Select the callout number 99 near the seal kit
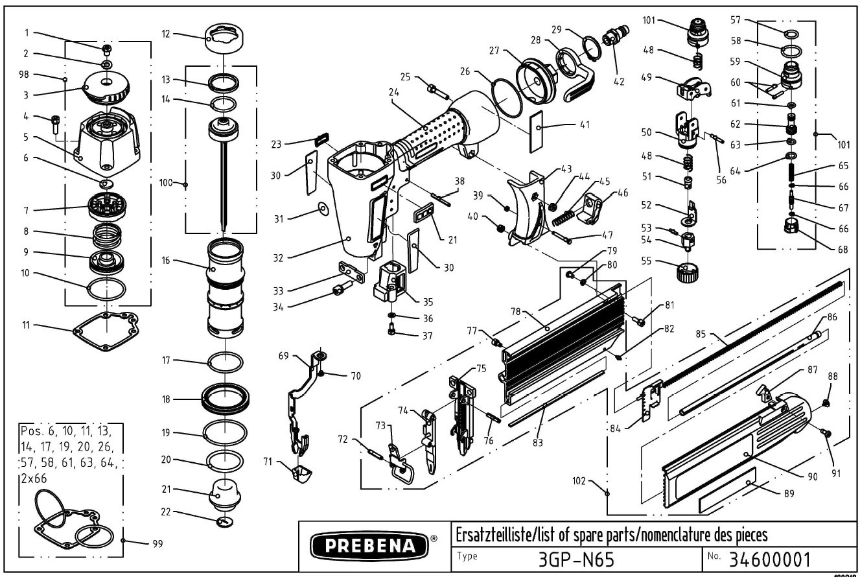point(157,544)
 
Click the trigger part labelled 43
point(528,207)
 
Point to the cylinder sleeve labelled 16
point(225,285)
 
